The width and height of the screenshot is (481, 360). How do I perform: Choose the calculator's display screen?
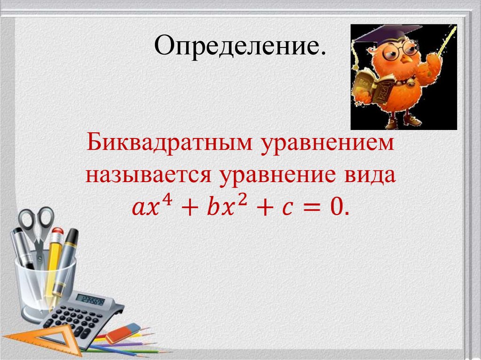[x=90, y=299]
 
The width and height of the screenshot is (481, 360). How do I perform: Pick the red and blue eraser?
[x=123, y=333]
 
